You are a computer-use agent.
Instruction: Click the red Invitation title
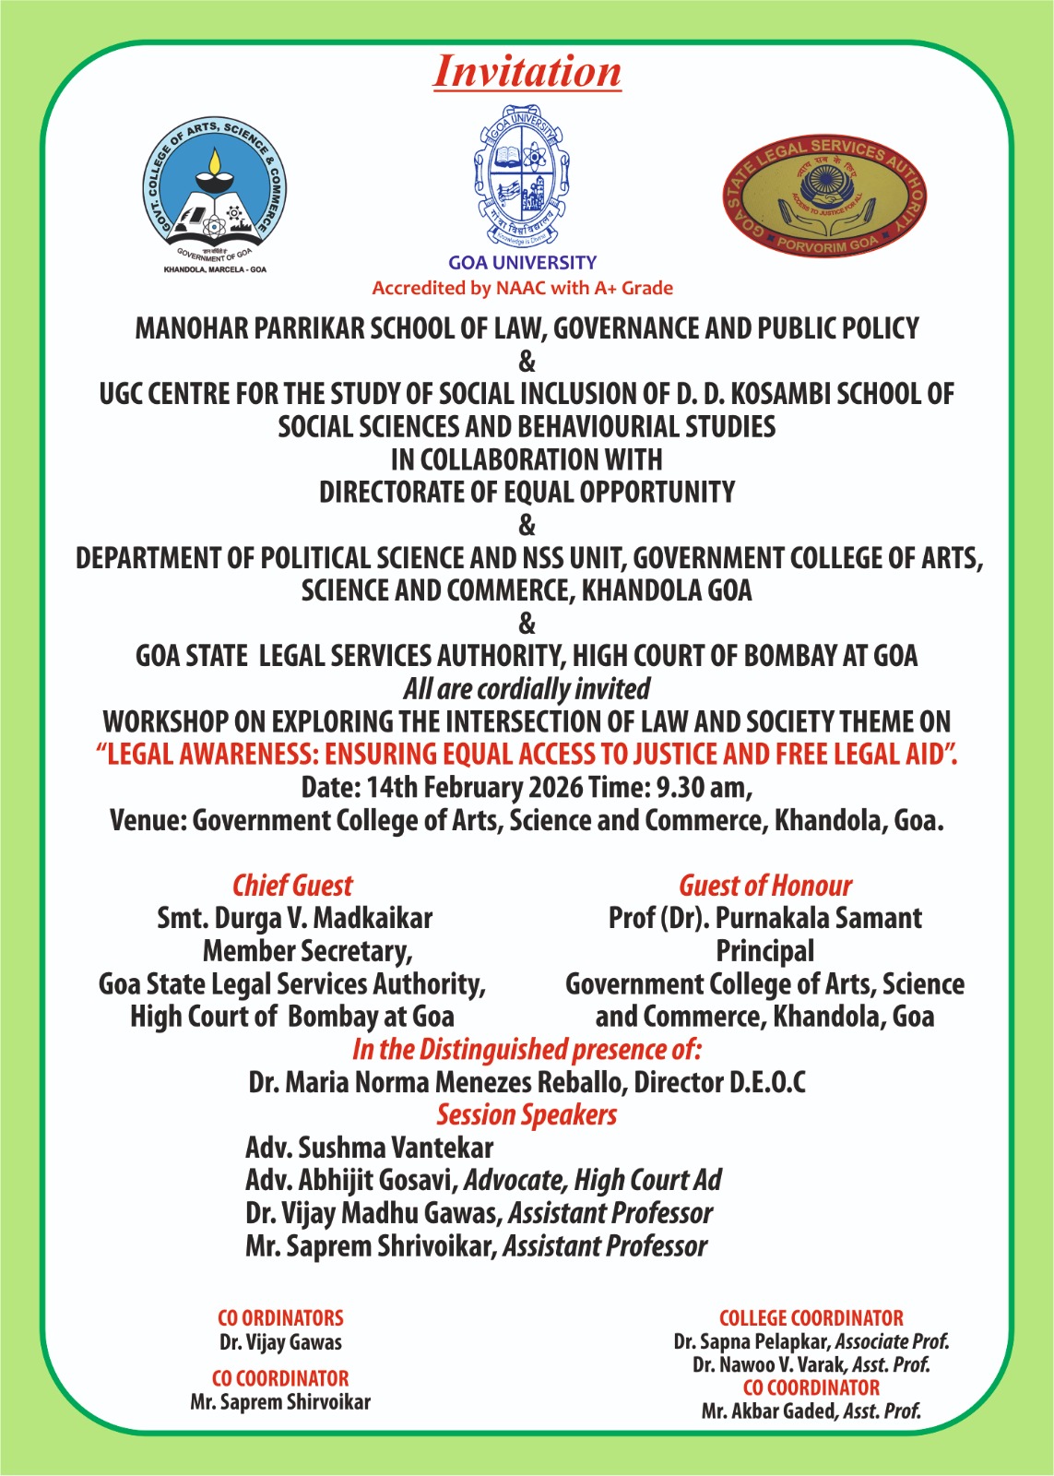point(527,72)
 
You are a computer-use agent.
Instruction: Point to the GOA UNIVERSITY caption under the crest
point(522,263)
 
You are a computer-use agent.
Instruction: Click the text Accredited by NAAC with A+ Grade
point(522,288)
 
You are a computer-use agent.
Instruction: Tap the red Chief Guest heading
point(292,886)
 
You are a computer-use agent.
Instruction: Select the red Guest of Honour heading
point(765,886)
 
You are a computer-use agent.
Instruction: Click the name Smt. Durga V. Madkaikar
point(294,919)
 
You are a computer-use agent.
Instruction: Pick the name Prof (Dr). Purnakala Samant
point(765,919)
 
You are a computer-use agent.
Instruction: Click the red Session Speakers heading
point(527,1114)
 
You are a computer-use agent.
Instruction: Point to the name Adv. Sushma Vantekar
point(369,1148)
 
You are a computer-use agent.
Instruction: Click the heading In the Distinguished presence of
point(527,1050)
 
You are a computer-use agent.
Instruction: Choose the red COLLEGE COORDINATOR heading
point(811,1318)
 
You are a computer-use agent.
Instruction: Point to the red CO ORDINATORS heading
point(280,1318)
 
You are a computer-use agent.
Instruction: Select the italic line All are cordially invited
point(527,689)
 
